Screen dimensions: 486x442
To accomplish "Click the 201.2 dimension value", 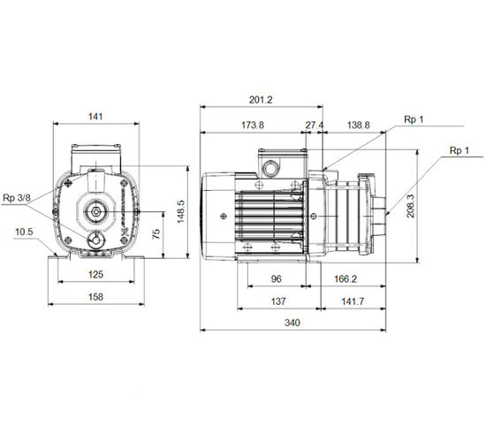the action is click(261, 100).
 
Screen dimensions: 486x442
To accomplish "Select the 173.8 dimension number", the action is click(253, 125).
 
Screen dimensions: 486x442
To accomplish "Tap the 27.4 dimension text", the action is click(315, 125).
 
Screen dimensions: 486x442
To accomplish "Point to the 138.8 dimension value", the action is click(358, 125).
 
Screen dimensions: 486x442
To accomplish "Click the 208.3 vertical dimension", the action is click(410, 206).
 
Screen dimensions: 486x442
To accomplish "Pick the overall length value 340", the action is click(292, 323).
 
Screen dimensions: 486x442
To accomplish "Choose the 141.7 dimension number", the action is click(353, 301).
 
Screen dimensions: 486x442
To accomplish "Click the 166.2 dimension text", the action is click(346, 279).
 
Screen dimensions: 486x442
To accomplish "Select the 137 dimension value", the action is click(278, 301).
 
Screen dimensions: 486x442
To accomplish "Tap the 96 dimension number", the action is click(277, 279).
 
